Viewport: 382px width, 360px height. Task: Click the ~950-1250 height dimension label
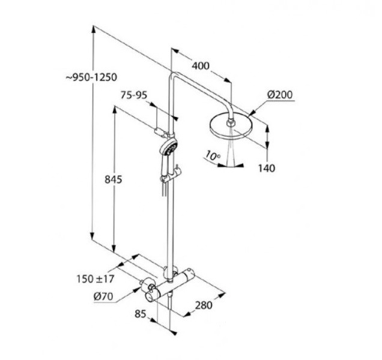pyautogui.click(x=91, y=77)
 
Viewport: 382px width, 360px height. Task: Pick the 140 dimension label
pyautogui.click(x=266, y=169)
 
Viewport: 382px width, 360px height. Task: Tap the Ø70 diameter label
pyautogui.click(x=105, y=295)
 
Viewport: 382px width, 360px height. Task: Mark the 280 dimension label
pyautogui.click(x=204, y=305)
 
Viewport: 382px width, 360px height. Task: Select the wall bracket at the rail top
pyautogui.click(x=163, y=131)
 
